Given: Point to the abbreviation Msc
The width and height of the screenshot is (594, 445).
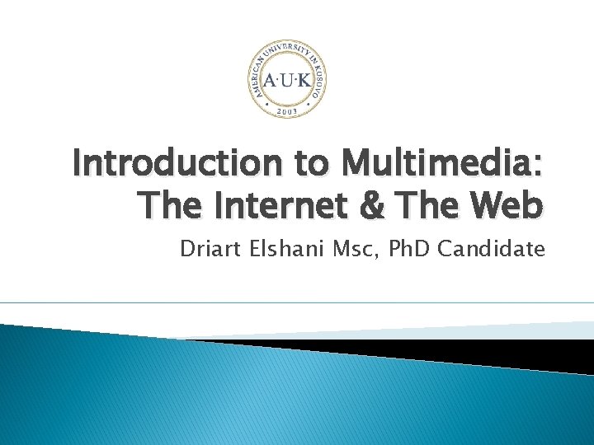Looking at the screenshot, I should pos(353,248).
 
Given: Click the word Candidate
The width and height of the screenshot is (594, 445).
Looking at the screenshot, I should pos(492,248).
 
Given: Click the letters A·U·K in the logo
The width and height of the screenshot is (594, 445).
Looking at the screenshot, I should pos(287,81).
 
